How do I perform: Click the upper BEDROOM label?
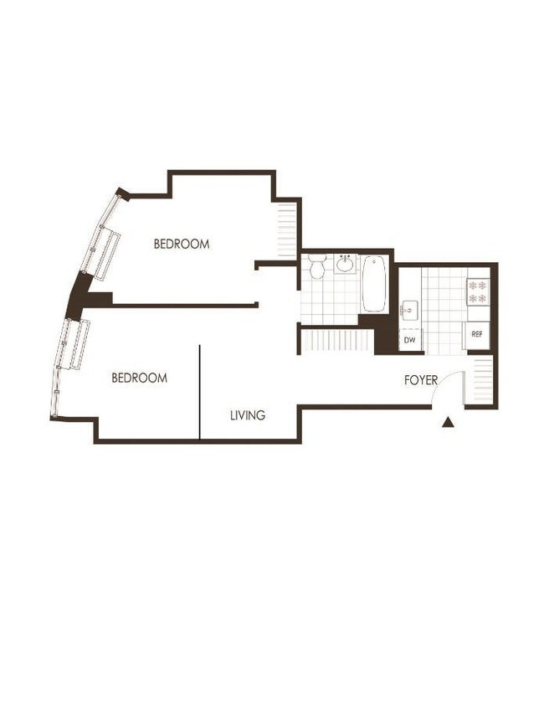(x=181, y=244)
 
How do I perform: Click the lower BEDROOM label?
(x=139, y=378)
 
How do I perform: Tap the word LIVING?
(x=248, y=415)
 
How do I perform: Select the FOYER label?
(x=421, y=381)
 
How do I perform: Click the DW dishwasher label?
(x=410, y=341)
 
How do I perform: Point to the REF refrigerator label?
(x=477, y=335)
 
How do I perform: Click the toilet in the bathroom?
(x=316, y=268)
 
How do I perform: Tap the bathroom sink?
(x=346, y=265)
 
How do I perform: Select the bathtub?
(x=374, y=284)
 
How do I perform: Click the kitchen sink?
(x=409, y=309)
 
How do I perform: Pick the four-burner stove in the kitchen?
(x=477, y=291)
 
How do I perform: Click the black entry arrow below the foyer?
(x=448, y=423)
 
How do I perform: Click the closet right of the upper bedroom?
(x=287, y=228)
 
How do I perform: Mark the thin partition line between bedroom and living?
(x=200, y=391)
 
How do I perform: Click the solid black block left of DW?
(x=386, y=335)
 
